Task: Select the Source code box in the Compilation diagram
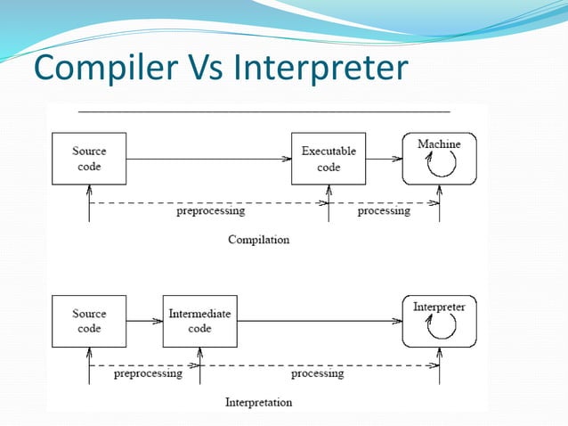(x=89, y=159)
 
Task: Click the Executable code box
(x=329, y=159)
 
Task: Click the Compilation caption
(x=258, y=240)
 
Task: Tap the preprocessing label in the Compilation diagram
(x=210, y=211)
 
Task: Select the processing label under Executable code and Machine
(x=384, y=211)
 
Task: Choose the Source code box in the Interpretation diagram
(x=89, y=321)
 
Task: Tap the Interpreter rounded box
(x=439, y=321)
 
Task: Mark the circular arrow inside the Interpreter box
(x=439, y=329)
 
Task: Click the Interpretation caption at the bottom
(x=258, y=402)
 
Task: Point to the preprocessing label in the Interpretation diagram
(x=148, y=373)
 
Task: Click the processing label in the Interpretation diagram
(x=317, y=373)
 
